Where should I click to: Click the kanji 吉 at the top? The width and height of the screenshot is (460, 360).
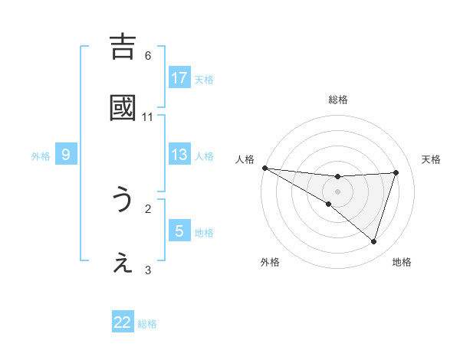tap(123, 47)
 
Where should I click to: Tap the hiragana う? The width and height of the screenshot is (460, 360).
tap(123, 200)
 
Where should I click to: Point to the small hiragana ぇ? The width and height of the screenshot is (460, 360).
tap(123, 264)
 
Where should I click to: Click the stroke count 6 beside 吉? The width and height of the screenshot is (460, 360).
tap(148, 55)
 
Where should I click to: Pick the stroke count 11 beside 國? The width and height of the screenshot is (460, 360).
tap(148, 117)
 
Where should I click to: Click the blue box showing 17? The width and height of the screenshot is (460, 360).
tap(179, 78)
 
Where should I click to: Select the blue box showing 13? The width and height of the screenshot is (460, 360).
tap(179, 155)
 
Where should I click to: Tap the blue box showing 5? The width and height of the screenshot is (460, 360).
tap(179, 231)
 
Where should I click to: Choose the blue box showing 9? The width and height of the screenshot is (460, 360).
tap(66, 155)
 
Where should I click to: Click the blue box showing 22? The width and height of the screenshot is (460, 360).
tap(123, 322)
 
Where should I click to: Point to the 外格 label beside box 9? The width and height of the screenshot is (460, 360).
tap(41, 156)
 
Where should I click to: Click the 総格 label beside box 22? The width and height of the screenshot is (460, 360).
tap(147, 324)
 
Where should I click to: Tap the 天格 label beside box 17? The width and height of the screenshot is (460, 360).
tap(204, 80)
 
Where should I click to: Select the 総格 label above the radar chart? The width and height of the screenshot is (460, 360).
tap(337, 100)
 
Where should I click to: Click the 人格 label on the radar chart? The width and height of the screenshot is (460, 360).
tap(245, 159)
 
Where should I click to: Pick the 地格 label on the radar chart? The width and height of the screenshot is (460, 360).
tap(402, 262)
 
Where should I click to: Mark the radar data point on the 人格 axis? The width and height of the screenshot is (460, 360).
tap(264, 167)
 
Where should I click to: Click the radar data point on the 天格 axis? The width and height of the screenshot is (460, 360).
tap(396, 172)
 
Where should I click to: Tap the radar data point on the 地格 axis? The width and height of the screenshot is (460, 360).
tap(373, 241)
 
